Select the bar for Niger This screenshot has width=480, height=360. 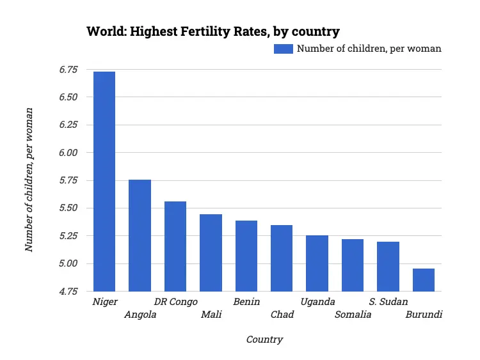(x=104, y=182)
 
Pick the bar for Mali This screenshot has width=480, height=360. (x=211, y=253)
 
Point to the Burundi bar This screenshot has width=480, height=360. (x=423, y=279)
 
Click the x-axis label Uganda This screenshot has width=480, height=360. (x=317, y=302)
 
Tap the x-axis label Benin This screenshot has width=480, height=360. (x=246, y=302)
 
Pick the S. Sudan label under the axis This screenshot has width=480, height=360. (x=388, y=302)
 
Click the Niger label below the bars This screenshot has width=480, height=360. (x=105, y=302)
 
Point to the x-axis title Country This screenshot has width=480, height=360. (x=264, y=340)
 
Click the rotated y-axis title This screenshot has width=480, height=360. (x=29, y=180)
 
